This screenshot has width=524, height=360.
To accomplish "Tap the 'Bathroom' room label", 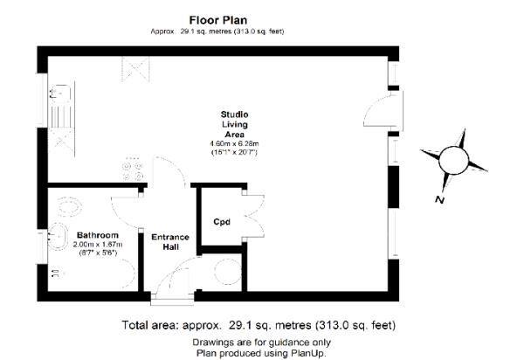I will pos(93,236).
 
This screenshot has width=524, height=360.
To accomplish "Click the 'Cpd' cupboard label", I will pos(221,221).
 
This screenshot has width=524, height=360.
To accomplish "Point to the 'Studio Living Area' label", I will pos(233,124).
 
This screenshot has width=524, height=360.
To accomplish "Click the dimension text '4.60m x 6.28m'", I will pos(233,143).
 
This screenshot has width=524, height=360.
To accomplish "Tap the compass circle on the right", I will pos(454,161).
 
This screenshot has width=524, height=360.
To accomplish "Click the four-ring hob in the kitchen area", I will pos(134,169).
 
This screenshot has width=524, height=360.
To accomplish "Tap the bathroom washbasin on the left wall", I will pos(59,236).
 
